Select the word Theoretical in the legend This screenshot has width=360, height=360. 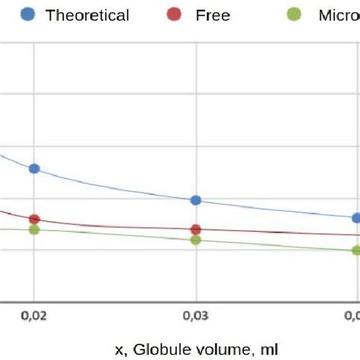tap(87, 15)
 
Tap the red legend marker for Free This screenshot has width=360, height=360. tap(175, 14)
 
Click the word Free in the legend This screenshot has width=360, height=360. tap(213, 15)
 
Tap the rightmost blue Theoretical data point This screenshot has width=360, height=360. tap(356, 218)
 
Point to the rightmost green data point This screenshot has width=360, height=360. tap(356, 250)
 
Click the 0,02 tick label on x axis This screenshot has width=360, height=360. tap(33, 314)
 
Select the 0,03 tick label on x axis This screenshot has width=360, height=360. tap(197, 314)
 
